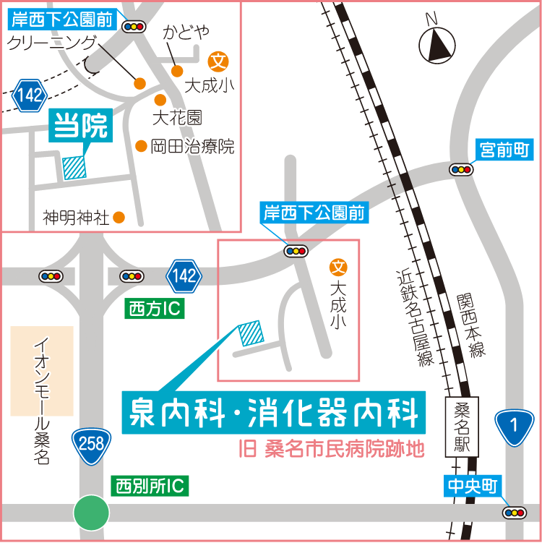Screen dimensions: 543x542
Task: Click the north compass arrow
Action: pos(439,46)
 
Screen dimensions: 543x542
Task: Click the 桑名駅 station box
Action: pos(462,427)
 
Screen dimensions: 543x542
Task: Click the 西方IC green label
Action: pos(155,309)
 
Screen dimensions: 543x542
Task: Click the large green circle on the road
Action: pos(92,513)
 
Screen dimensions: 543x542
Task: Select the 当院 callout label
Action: pos(81,126)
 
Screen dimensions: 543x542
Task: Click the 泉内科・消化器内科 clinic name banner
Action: pos(274,414)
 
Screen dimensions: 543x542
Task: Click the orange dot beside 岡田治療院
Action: pos(142,146)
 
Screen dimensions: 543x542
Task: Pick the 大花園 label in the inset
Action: pos(176,117)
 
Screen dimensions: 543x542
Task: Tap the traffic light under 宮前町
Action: pos(460,170)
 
